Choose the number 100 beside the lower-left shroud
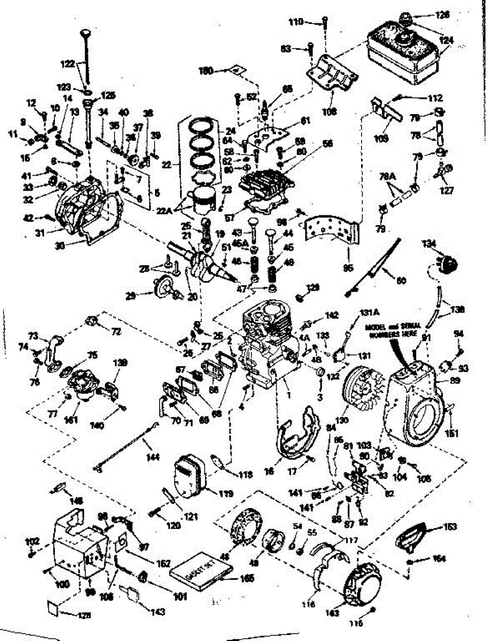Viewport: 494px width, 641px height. click(62, 585)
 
